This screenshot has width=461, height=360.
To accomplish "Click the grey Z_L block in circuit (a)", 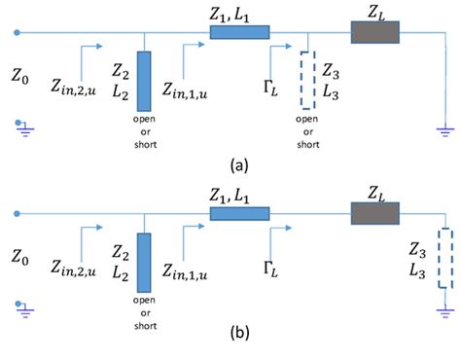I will [368, 32].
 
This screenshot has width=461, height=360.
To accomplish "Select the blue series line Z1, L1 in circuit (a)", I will [239, 33].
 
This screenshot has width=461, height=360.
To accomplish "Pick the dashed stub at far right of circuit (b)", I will [444, 259].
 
